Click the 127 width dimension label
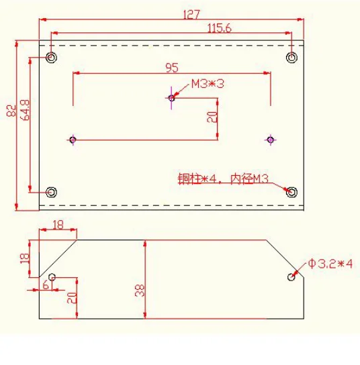(191, 15)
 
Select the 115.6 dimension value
(219, 28)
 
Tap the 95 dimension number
(172, 68)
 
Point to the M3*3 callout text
(208, 84)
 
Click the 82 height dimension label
(11, 110)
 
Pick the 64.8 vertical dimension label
(25, 110)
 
